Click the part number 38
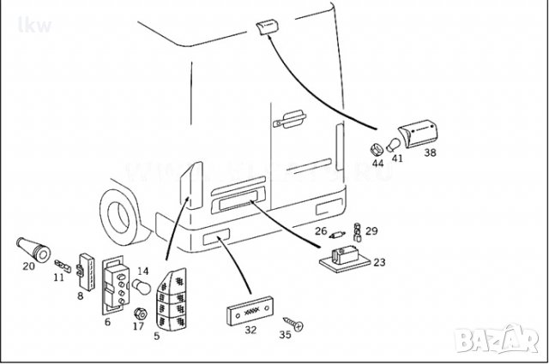pyautogui.click(x=430, y=153)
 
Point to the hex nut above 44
pyautogui.click(x=377, y=145)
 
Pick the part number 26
pyautogui.click(x=320, y=230)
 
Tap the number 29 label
pyautogui.click(x=371, y=230)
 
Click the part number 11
pyautogui.click(x=58, y=277)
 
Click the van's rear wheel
pyautogui.click(x=118, y=213)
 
